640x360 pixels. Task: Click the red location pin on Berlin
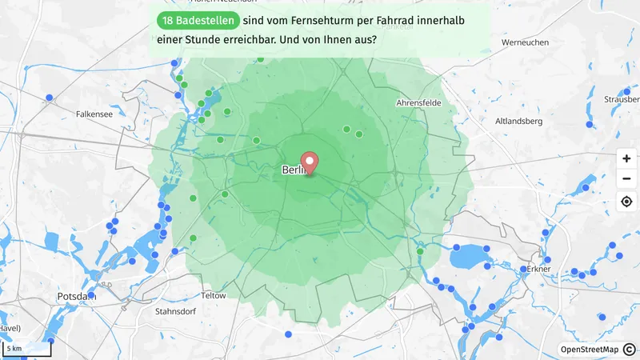pos(309,161)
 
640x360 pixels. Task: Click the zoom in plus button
pos(626,158)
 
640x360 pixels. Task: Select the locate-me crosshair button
pos(626,201)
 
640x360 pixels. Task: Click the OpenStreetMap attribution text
pos(589,350)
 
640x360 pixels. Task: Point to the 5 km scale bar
pos(26,349)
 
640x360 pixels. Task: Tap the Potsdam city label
pos(77,296)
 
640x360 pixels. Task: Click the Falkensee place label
pos(94,114)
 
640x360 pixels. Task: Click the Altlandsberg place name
pos(519,121)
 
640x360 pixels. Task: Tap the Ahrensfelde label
pos(420,103)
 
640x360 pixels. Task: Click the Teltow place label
pos(214,295)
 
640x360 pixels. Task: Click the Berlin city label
pos(294,171)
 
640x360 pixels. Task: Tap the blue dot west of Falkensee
pos(50,98)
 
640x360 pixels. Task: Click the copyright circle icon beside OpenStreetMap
pos(630,350)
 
